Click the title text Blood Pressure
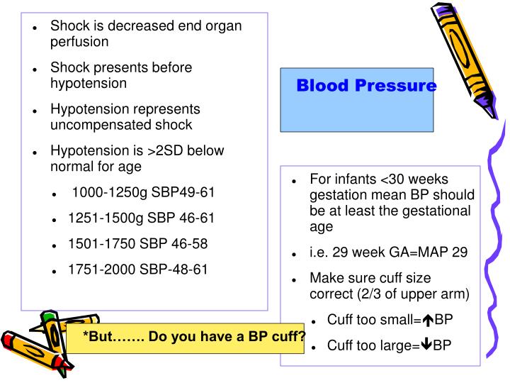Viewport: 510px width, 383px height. pyautogui.click(x=366, y=87)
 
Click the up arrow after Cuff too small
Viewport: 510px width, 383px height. pyautogui.click(x=428, y=320)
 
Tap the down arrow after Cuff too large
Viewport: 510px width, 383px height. pyautogui.click(x=426, y=345)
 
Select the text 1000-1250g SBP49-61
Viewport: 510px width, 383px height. pyautogui.click(x=143, y=192)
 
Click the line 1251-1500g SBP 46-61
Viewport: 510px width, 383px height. pyautogui.click(x=141, y=218)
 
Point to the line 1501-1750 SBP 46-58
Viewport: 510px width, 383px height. pyautogui.click(x=137, y=243)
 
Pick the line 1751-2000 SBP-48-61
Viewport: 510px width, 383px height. pyautogui.click(x=137, y=269)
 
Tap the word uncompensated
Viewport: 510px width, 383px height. pyautogui.click(x=90, y=125)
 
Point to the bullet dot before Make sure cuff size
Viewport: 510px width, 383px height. pyautogui.click(x=294, y=279)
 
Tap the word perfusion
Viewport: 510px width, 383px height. pyautogui.click(x=79, y=41)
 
